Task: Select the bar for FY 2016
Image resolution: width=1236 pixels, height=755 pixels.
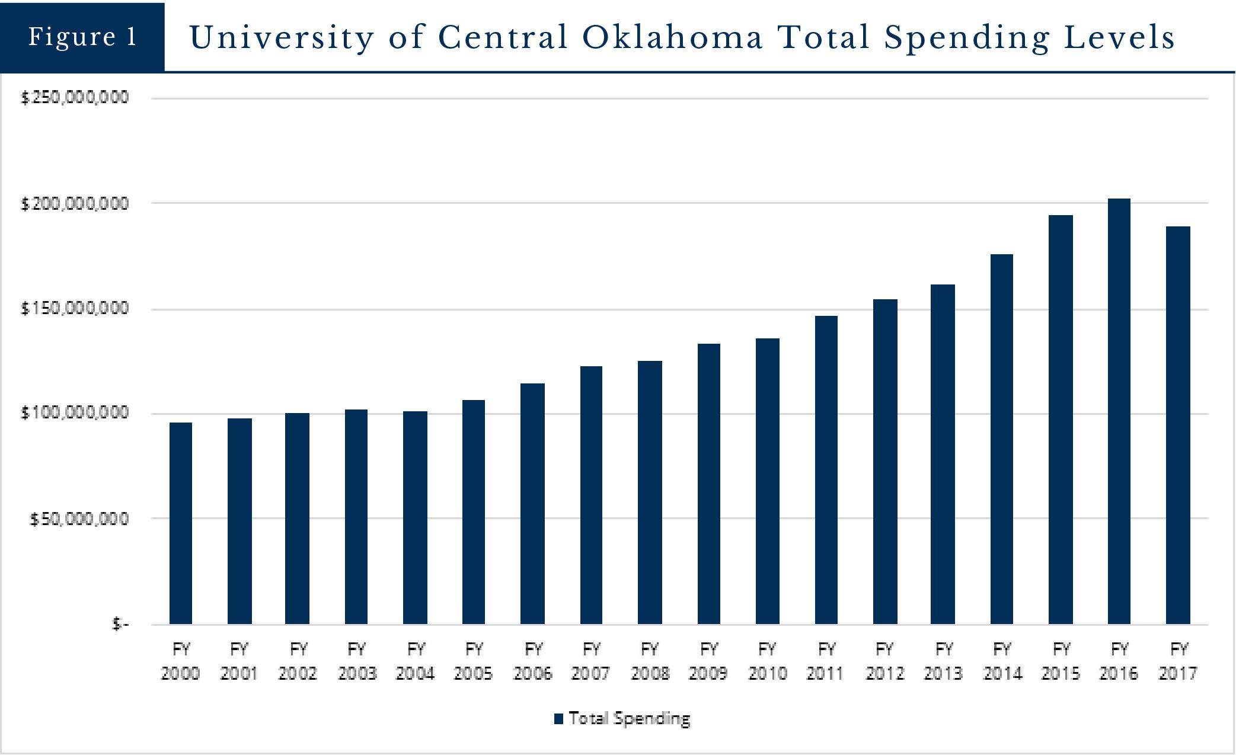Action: click(1119, 411)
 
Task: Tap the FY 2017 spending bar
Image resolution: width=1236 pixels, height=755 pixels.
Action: click(1178, 425)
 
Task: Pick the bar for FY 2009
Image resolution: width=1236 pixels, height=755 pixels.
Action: click(709, 484)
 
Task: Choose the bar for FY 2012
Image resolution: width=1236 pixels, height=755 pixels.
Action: click(885, 462)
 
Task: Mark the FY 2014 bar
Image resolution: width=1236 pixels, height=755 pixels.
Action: click(1002, 439)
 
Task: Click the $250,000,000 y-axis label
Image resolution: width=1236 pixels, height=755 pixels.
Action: click(75, 97)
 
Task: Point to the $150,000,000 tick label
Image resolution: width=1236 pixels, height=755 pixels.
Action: click(75, 308)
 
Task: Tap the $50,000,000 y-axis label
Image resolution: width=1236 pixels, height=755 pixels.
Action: click(79, 519)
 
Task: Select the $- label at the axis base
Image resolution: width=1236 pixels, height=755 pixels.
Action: click(120, 624)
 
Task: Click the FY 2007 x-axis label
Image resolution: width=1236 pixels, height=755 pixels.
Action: click(591, 661)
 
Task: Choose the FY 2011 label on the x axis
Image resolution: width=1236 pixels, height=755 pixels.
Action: click(826, 661)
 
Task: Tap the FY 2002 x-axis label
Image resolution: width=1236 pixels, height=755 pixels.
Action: click(298, 661)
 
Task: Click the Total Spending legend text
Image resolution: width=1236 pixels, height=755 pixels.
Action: click(630, 718)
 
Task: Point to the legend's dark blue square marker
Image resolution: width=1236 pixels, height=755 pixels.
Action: click(558, 719)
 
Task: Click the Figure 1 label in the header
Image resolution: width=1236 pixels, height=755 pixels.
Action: click(82, 37)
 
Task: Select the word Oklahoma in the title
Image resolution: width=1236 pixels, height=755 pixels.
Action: click(672, 37)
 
